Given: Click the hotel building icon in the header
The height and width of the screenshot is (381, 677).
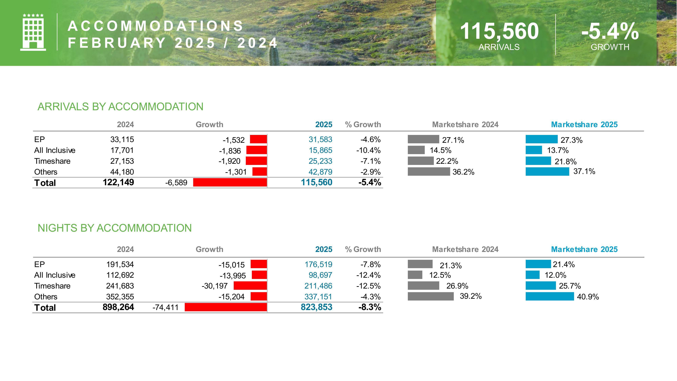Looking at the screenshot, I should (x=33, y=32).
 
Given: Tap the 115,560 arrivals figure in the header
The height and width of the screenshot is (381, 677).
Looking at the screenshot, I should (x=499, y=31).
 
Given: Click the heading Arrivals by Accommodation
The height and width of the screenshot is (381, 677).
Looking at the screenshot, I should (x=120, y=107).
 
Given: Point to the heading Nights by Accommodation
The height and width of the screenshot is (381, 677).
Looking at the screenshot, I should (x=115, y=228).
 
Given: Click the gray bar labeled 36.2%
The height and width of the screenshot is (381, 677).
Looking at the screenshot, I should (x=429, y=172).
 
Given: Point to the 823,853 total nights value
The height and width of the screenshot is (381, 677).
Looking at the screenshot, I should (x=316, y=307).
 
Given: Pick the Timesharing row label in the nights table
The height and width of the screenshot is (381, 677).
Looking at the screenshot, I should (x=52, y=286).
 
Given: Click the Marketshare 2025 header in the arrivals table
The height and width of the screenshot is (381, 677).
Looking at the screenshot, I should (x=584, y=125).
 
